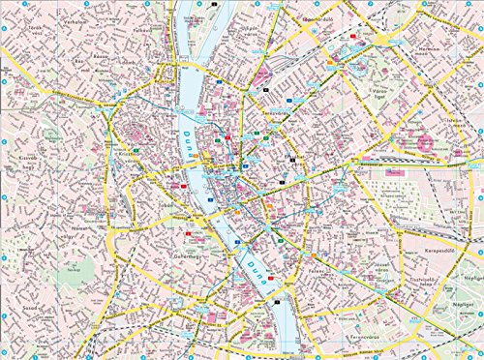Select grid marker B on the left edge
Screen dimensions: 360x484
coord(5,121)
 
